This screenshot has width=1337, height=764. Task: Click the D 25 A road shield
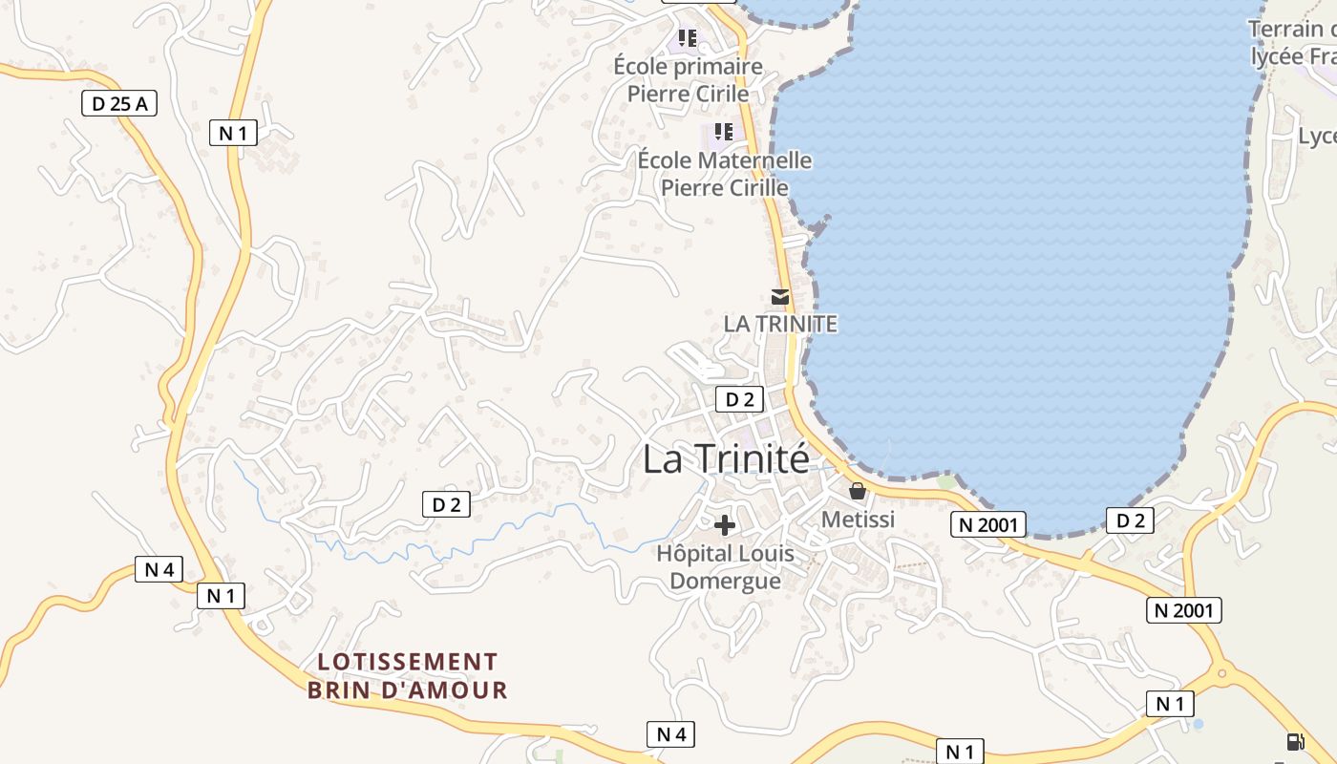click(119, 103)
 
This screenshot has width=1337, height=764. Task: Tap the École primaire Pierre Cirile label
click(688, 80)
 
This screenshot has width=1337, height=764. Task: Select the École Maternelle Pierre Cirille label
click(725, 174)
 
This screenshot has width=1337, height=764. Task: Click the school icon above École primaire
click(687, 38)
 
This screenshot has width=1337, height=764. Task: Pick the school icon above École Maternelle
click(724, 131)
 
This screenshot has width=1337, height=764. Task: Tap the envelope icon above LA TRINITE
click(780, 297)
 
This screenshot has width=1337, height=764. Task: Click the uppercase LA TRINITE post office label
click(780, 324)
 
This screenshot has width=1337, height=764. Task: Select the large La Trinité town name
click(726, 458)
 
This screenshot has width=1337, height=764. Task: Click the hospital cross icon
click(725, 524)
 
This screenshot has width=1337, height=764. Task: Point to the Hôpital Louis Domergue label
click(725, 566)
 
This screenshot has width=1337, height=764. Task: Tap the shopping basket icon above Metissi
click(858, 491)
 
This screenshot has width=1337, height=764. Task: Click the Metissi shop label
click(859, 519)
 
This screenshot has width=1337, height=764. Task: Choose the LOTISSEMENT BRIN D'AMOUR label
click(408, 675)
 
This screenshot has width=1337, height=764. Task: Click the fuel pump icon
click(1295, 741)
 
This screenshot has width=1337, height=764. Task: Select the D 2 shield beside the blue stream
click(446, 504)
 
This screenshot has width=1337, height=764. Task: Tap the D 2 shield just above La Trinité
click(740, 399)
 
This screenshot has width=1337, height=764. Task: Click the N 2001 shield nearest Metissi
click(988, 523)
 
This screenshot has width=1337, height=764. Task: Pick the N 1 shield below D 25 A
click(233, 133)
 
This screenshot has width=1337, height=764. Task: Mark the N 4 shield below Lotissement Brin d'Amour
click(670, 733)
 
